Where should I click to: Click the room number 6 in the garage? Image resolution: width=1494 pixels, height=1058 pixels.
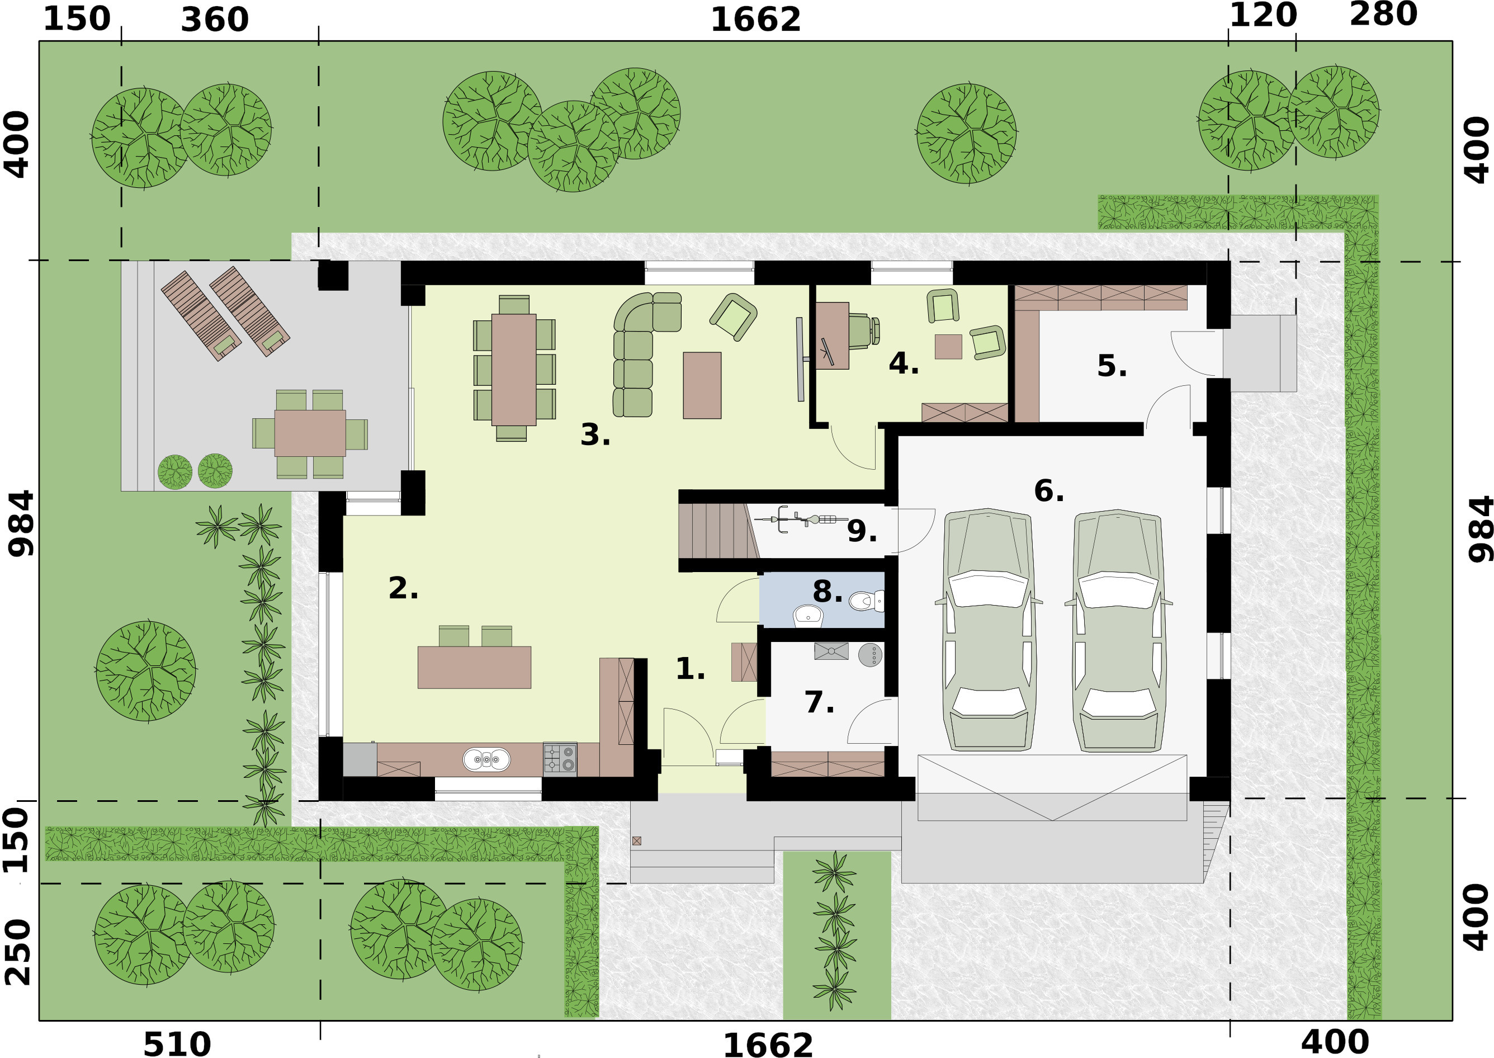(1047, 491)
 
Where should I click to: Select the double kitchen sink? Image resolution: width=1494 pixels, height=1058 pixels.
(486, 759)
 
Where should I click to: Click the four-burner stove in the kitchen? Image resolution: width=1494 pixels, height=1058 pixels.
(560, 759)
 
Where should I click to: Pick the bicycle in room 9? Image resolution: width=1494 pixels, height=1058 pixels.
(800, 519)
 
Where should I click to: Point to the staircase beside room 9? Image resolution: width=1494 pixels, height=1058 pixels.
(718, 530)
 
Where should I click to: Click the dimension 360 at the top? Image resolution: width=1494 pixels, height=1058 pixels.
(214, 20)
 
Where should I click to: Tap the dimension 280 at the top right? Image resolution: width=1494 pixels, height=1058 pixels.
(1383, 15)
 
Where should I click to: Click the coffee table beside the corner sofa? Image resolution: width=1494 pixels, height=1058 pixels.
(701, 385)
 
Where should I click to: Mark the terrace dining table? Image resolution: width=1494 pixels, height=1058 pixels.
(310, 433)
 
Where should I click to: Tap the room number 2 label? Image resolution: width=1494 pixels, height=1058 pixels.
(402, 588)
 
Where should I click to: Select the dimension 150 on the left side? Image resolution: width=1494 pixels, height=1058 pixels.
(16, 840)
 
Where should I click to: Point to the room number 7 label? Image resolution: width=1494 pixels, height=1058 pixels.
(818, 702)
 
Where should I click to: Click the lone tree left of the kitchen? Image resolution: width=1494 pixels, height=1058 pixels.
(146, 671)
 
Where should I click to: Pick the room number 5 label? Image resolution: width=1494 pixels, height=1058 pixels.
(1110, 366)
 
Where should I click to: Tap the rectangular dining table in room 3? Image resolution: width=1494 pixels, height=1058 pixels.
(513, 370)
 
